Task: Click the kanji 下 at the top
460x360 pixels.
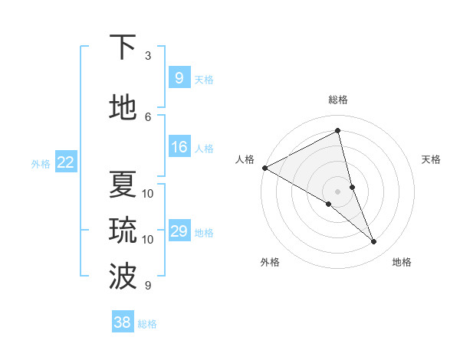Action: pyautogui.click(x=123, y=47)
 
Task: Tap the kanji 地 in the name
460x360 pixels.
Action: pyautogui.click(x=123, y=108)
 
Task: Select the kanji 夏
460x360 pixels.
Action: pyautogui.click(x=123, y=185)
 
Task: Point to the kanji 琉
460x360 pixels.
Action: pyautogui.click(x=123, y=231)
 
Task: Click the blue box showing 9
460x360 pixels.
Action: pyautogui.click(x=179, y=78)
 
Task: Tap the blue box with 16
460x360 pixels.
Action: pyautogui.click(x=179, y=147)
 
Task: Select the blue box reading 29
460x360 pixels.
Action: pyautogui.click(x=179, y=231)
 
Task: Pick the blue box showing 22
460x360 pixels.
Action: pyautogui.click(x=65, y=162)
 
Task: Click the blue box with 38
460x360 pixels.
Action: pyautogui.click(x=122, y=323)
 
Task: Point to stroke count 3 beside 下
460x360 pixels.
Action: pyautogui.click(x=148, y=56)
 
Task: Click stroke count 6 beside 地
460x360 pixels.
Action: pyautogui.click(x=148, y=116)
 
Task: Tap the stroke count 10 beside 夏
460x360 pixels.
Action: pyautogui.click(x=148, y=193)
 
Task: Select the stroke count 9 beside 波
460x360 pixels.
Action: pyautogui.click(x=148, y=286)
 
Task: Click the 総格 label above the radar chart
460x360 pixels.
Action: pyautogui.click(x=338, y=100)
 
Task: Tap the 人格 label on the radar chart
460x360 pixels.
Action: pyautogui.click(x=245, y=159)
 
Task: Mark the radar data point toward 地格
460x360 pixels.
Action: pyautogui.click(x=374, y=241)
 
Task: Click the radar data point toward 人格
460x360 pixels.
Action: pyautogui.click(x=264, y=168)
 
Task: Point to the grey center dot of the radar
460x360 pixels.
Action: pyautogui.click(x=338, y=191)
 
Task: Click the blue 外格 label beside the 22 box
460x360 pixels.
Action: pyautogui.click(x=41, y=163)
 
